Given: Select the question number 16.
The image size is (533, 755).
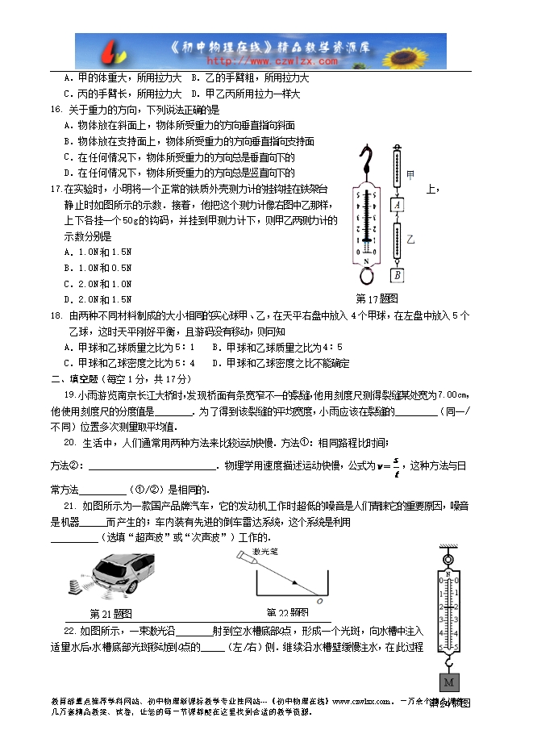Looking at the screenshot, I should point(56,110).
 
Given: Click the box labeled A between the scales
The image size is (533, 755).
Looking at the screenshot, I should point(398,206).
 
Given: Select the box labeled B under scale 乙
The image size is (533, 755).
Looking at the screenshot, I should point(398,275).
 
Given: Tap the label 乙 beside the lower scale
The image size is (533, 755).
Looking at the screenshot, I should point(410,240).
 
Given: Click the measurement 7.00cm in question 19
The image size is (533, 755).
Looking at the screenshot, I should point(451,394).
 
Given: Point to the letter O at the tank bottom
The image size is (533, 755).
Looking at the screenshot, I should point(320,602).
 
